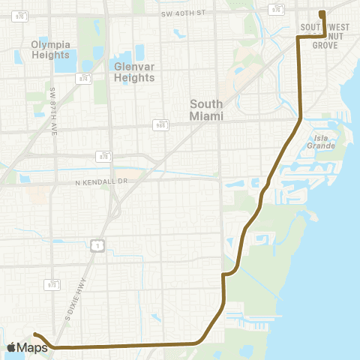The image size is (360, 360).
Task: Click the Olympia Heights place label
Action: click(51, 49)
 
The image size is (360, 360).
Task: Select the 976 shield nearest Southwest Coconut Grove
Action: click(277, 10)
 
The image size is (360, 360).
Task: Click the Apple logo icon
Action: click(13, 346)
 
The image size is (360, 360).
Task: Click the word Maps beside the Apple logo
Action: click(34, 346)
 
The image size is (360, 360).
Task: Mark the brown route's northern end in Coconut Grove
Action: click(321, 13)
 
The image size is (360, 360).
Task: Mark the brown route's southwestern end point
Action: click(35, 334)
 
